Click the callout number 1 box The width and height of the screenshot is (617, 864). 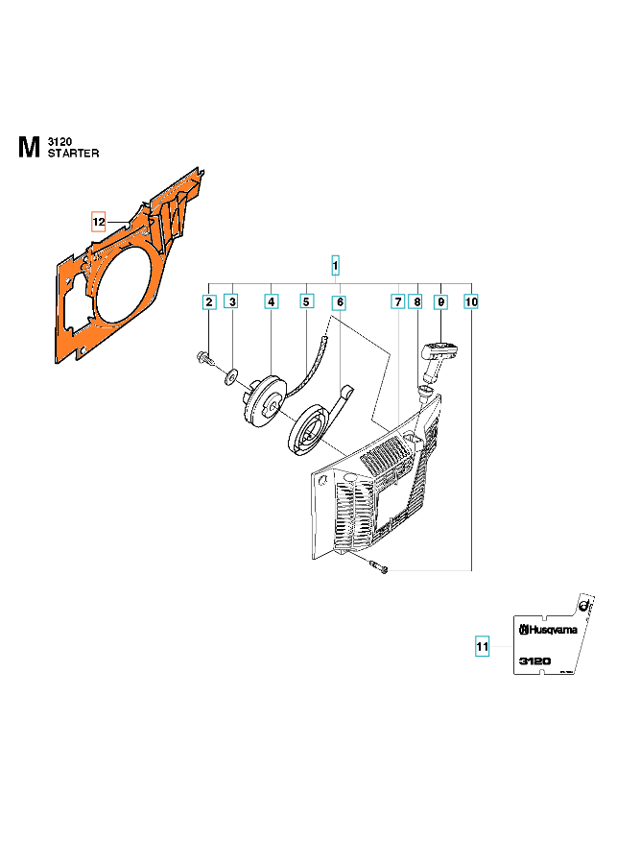point(335,264)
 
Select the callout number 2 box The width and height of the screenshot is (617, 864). point(208,302)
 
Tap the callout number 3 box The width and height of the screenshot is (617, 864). point(231,302)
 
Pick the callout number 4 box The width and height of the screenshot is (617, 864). point(272,302)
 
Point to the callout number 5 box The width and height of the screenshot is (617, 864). point(306,302)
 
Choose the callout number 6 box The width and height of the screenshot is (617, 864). point(339,302)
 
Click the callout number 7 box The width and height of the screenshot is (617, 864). point(397,302)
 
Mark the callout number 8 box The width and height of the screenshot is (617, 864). point(415,302)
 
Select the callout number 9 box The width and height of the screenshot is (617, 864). point(440,302)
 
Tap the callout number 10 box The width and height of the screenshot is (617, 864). point(470,302)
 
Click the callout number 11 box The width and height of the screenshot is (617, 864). point(483,646)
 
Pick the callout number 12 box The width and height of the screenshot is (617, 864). point(99,222)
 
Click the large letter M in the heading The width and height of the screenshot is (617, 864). point(29,147)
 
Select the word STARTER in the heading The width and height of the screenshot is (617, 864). point(73,153)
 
